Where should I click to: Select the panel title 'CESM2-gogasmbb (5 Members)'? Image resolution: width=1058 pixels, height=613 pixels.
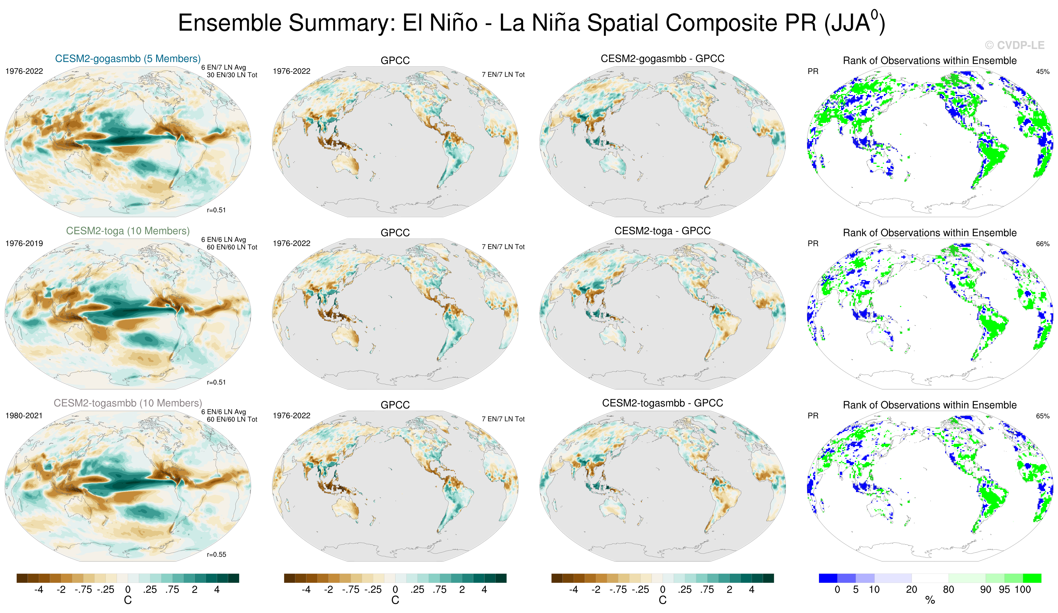128,59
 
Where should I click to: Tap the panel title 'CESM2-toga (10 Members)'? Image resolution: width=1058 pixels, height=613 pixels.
128,231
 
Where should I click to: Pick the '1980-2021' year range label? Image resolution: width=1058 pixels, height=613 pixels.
24,416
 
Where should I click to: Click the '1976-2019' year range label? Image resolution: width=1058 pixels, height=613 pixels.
24,244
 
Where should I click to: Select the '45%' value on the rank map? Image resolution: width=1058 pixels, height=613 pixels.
1043,71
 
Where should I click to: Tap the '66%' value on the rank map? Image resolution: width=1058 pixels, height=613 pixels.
1043,244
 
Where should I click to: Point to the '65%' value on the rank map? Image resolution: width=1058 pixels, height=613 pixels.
1043,416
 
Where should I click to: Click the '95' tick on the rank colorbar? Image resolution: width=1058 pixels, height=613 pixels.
1004,589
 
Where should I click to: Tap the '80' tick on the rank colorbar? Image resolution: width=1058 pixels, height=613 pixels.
949,589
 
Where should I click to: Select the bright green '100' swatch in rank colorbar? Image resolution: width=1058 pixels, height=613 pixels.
1032,578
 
